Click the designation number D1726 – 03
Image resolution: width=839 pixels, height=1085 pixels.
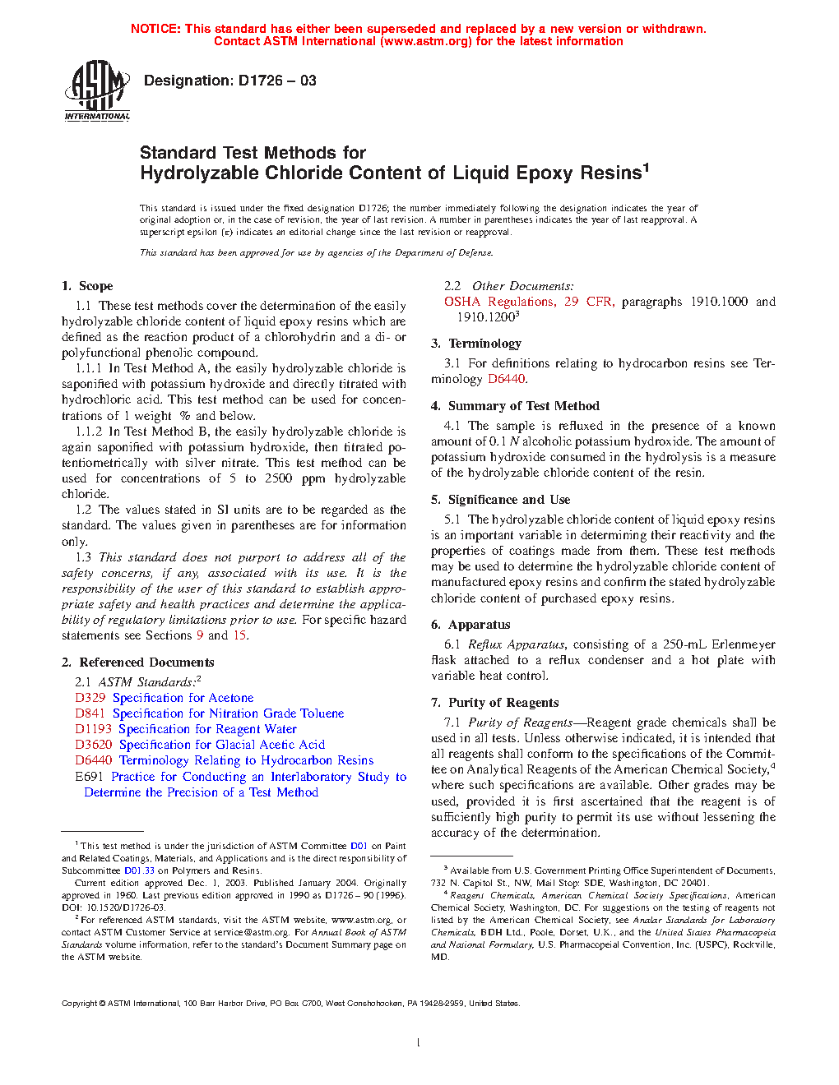pos(276,81)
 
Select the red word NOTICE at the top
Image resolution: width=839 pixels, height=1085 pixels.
pos(155,29)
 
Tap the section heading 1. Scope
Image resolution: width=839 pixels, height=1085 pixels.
pos(87,286)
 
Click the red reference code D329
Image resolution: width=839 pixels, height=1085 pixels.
pos(90,698)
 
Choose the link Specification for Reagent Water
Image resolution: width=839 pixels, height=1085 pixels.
pos(207,729)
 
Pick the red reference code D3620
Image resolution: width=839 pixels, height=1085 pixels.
pos(93,745)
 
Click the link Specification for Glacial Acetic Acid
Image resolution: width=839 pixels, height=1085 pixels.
pos(222,745)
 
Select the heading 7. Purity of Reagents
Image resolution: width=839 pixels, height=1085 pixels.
pos(494,703)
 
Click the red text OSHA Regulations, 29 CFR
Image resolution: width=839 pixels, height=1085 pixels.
pos(529,302)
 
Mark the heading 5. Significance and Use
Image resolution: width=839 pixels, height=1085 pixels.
pos(500,500)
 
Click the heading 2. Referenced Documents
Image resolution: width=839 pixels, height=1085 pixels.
pos(137,663)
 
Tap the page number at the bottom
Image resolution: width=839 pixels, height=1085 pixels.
pos(419,1043)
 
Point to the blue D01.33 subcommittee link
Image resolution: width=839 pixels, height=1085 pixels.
pos(139,870)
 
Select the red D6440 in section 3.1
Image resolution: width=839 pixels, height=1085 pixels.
pos(506,379)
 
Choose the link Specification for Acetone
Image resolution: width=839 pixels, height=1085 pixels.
pos(183,698)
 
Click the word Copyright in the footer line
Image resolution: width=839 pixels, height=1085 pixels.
pos(80,1003)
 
